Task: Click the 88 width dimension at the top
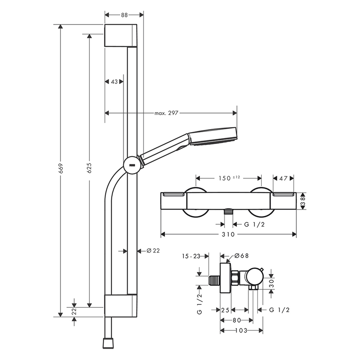tap(124, 15)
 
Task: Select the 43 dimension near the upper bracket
tap(114, 82)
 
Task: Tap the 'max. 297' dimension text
tap(166, 113)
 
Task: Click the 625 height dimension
tap(89, 168)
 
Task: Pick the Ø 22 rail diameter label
tap(153, 251)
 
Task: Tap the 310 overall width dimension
tap(228, 234)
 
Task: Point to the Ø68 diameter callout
tap(241, 256)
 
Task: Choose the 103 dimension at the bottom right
tap(241, 330)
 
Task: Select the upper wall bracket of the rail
tap(120, 35)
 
